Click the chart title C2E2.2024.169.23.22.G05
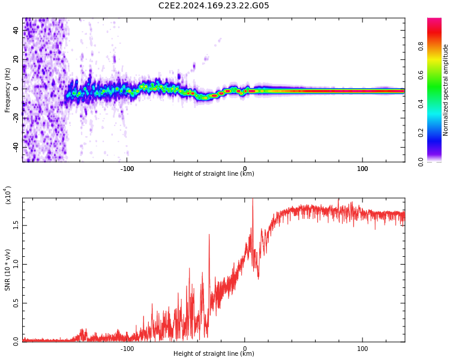click(214, 6)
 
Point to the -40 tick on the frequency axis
click(16, 146)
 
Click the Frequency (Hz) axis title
click(8, 90)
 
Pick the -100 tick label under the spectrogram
click(127, 168)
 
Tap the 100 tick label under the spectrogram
click(362, 168)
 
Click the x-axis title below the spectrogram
click(214, 174)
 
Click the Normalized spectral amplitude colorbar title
click(446, 90)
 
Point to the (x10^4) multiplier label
click(8, 196)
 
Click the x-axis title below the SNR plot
click(214, 354)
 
